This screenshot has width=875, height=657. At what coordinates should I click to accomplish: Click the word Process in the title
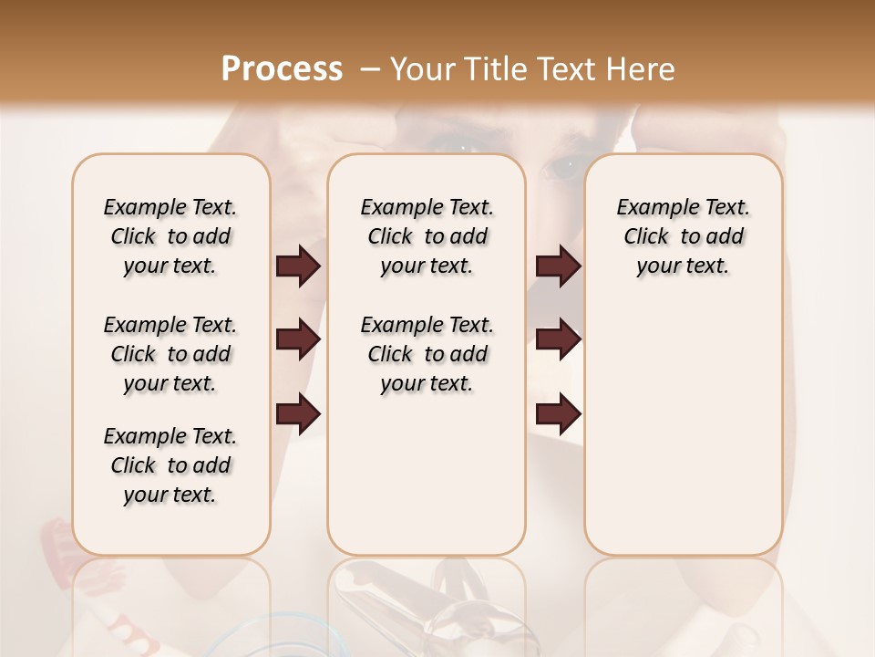click(x=282, y=69)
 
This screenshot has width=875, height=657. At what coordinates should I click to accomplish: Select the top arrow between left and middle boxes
click(x=298, y=266)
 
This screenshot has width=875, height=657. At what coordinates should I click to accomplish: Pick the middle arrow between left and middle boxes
click(x=298, y=340)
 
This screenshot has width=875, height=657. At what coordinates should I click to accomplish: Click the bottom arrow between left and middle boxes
click(x=298, y=414)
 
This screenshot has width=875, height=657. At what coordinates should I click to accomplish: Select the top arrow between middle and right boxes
click(x=557, y=266)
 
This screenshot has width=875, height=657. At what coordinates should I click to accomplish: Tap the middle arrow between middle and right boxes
click(x=557, y=340)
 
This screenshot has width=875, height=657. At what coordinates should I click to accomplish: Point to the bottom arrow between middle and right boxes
click(x=557, y=414)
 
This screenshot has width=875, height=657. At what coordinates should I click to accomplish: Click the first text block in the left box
click(x=170, y=236)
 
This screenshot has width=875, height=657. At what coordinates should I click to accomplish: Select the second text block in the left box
click(x=170, y=354)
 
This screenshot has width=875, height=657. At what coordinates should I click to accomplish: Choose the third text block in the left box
click(x=170, y=465)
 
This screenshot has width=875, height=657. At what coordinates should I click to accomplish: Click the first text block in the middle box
click(x=427, y=236)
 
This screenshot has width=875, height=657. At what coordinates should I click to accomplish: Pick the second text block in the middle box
click(x=427, y=354)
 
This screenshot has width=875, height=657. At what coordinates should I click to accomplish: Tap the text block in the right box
click(x=683, y=236)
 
